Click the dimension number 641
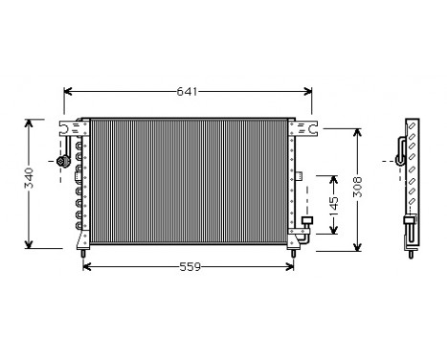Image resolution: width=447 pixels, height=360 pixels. (188, 92)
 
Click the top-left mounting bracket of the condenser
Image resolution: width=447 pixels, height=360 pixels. (70, 126)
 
